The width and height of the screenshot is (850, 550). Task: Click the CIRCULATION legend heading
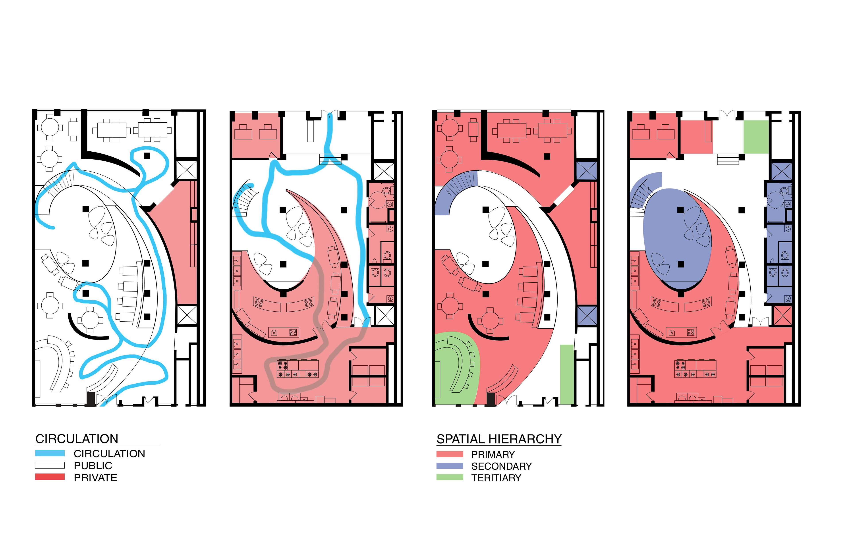(77, 439)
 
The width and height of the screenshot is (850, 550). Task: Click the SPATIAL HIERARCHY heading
(499, 439)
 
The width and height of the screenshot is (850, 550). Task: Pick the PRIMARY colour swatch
(450, 454)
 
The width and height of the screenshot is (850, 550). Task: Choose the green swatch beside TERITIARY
(450, 477)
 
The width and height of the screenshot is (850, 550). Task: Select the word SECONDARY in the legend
(501, 466)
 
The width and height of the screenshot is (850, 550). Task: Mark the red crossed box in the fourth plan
(782, 316)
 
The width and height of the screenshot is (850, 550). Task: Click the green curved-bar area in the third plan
(455, 368)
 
